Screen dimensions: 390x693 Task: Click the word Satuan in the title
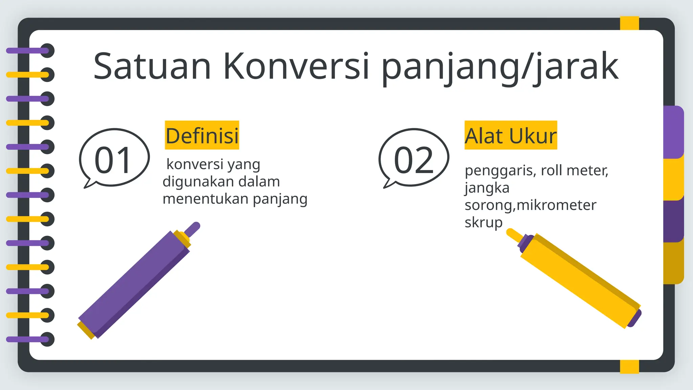pyautogui.click(x=152, y=66)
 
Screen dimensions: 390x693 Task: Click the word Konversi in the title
pyautogui.click(x=296, y=66)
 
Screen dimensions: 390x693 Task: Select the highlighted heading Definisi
pyautogui.click(x=202, y=135)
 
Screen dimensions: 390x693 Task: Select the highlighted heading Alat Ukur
pyautogui.click(x=510, y=135)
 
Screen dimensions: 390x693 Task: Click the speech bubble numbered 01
pyautogui.click(x=114, y=158)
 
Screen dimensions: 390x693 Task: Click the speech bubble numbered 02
pyautogui.click(x=413, y=158)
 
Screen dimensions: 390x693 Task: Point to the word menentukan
pyautogui.click(x=205, y=199)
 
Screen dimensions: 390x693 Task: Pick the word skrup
pyautogui.click(x=483, y=222)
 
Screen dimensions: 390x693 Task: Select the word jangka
pyautogui.click(x=487, y=188)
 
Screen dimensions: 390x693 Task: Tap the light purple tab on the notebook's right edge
pyautogui.click(x=673, y=132)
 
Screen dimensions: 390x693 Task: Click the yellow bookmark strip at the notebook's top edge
pyautogui.click(x=629, y=23)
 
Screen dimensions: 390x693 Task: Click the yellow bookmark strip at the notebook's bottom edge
pyautogui.click(x=629, y=366)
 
